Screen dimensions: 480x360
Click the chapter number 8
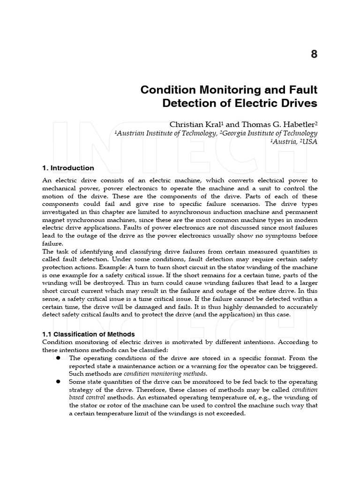(314, 54)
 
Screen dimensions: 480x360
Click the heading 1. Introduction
(68, 168)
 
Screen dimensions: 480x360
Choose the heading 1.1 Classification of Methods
(88, 334)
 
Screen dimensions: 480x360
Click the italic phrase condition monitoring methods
(165, 374)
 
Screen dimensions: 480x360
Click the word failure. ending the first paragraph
(52, 244)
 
